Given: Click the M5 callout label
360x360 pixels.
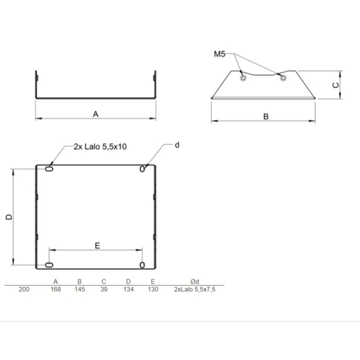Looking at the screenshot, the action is pos(219,54).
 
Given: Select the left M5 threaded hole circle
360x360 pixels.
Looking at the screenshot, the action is pos(243,78).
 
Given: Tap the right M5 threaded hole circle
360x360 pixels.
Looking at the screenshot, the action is pos(283,78).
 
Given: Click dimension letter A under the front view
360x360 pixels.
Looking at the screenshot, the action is pos(96,114).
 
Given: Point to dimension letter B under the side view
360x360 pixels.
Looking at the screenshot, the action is pos(266,117).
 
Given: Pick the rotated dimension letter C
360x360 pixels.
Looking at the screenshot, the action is pos(336,85).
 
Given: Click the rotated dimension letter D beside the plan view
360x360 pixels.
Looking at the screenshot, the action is pos(9,217).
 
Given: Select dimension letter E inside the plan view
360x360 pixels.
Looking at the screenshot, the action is pos(97,246).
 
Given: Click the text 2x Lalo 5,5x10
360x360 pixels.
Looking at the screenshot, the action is pos(100,147).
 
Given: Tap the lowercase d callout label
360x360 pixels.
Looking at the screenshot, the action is pos(177,145).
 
